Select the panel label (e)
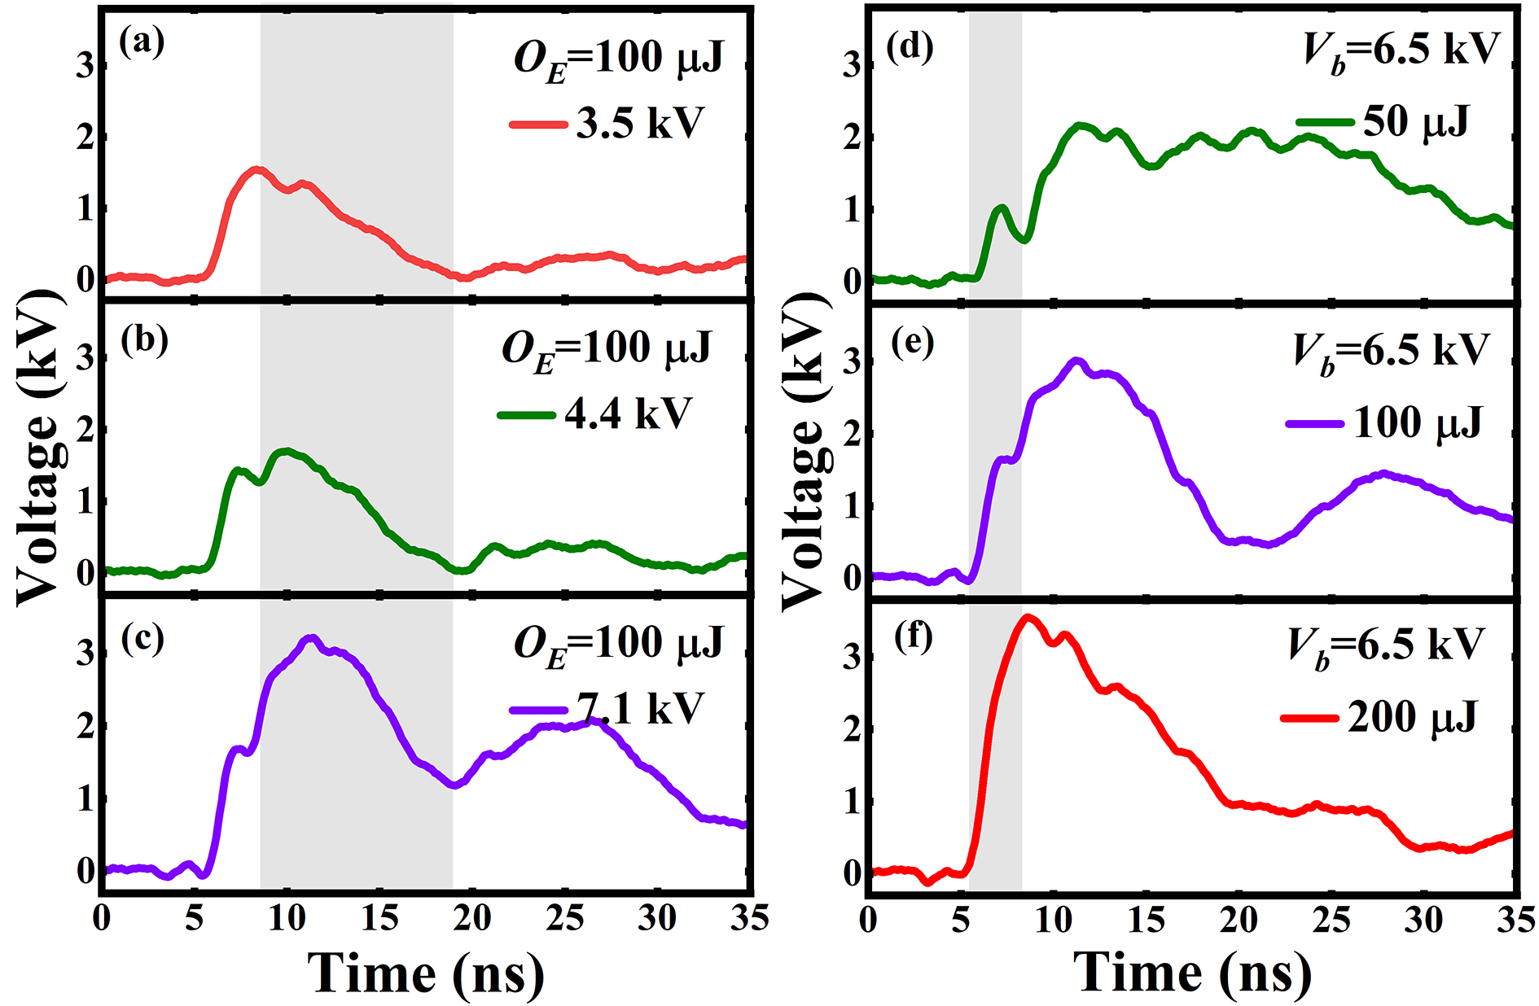pos(912,343)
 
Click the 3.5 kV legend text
pos(639,124)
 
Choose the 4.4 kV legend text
pos(627,413)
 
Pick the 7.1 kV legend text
pos(639,708)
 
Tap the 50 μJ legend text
pos(1415,122)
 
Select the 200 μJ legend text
pos(1412,717)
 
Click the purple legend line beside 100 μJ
pos(1314,423)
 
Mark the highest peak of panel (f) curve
pos(1028,618)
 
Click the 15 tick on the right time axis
pos(1147,920)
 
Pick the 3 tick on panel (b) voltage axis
pos(85,358)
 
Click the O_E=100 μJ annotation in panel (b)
pos(607,350)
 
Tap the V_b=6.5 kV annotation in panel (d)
pos(1401,50)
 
